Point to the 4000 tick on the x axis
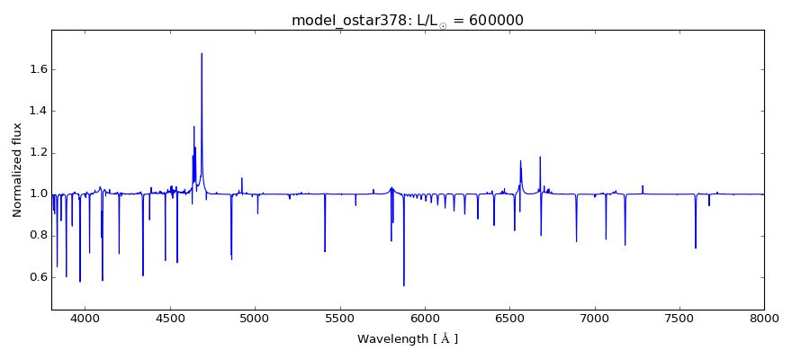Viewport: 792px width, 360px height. (x=85, y=317)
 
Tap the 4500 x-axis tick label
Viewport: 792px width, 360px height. (x=170, y=317)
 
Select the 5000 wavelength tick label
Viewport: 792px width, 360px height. (x=255, y=317)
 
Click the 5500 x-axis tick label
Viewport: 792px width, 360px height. (x=339, y=317)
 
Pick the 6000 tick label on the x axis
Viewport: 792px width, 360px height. (x=425, y=317)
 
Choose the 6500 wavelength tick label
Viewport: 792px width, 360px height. (x=509, y=317)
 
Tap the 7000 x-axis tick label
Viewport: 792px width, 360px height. (x=594, y=317)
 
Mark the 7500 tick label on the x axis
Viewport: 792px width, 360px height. (x=679, y=317)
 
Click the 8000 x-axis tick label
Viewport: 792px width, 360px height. (x=764, y=317)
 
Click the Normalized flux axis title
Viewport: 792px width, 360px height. (x=17, y=170)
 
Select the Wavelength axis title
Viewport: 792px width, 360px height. (x=407, y=339)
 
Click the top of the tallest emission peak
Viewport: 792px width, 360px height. (x=202, y=53)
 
